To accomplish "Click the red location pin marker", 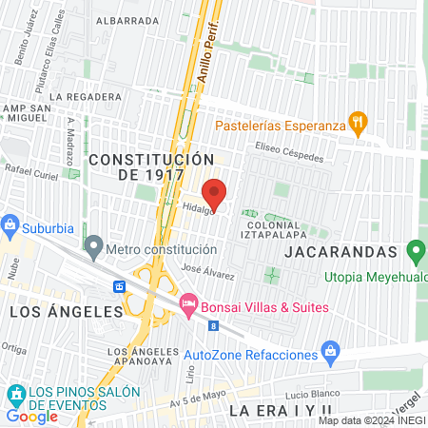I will [215, 193].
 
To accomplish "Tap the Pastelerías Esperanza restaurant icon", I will [357, 122].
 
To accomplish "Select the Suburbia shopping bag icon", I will [10, 226].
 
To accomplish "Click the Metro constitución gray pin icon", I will [93, 249].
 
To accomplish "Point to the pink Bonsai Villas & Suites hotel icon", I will [188, 305].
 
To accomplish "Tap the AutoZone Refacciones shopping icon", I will [329, 353].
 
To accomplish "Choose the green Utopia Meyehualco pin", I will [415, 253].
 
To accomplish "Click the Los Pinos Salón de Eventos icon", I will [15, 393].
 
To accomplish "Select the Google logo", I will [31, 416].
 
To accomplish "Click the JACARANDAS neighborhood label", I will [340, 251].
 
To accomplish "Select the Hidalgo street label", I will [198, 209].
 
